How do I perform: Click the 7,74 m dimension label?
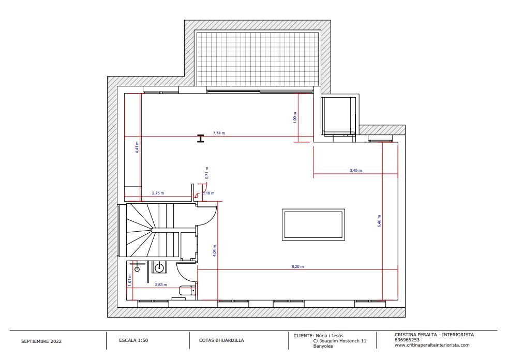[219, 133]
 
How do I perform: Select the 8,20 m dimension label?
[298, 267]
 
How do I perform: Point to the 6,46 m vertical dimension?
[379, 221]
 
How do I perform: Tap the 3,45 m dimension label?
[356, 170]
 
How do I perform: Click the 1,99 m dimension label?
[294, 117]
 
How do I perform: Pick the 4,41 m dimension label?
[137, 147]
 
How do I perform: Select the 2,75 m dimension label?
[158, 193]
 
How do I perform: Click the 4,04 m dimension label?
[215, 251]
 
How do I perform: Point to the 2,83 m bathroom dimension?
[161, 285]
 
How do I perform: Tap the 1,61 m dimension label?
[130, 280]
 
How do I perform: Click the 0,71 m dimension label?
[207, 173]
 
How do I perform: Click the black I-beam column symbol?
[201, 139]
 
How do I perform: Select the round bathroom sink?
[159, 267]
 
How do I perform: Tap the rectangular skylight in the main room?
[313, 224]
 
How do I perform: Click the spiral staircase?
[148, 230]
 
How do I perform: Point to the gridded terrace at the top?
[258, 58]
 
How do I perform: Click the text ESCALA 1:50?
[133, 340]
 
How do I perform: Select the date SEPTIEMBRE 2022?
[41, 341]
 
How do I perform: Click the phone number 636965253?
[407, 340]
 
